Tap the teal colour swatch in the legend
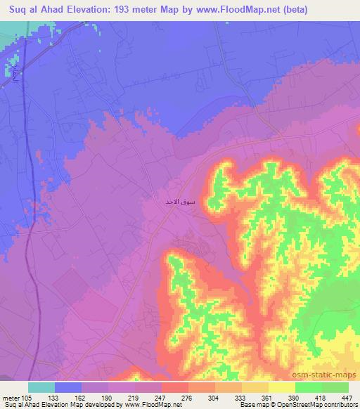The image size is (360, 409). (41, 387)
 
